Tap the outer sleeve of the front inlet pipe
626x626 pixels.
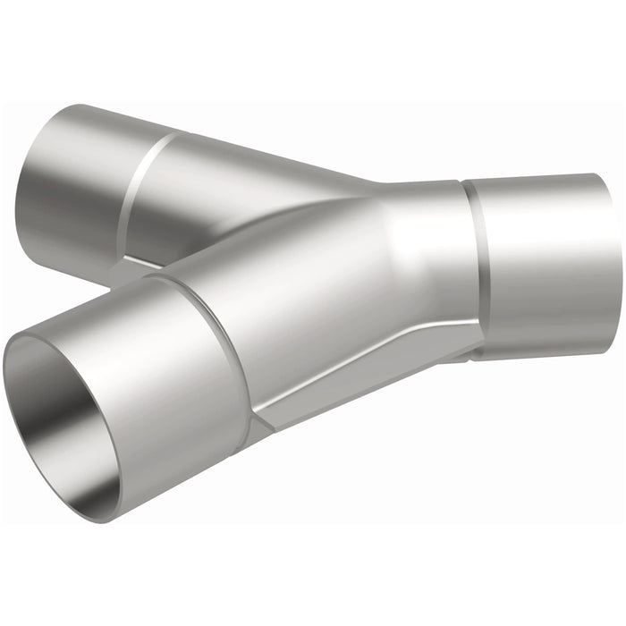(170, 358)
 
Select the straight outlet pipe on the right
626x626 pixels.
(546, 259)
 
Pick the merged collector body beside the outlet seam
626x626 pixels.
(420, 259)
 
